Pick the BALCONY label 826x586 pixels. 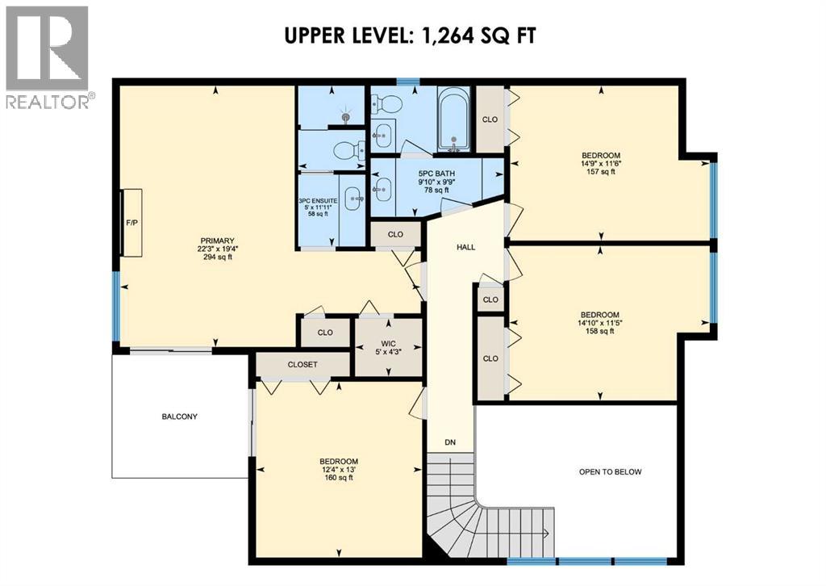tap(179, 416)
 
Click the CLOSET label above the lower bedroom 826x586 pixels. tap(302, 365)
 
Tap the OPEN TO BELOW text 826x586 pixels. tap(610, 472)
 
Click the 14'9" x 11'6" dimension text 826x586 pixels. tap(601, 163)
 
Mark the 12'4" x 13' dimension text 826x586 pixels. tap(338, 470)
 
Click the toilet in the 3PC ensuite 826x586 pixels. tap(348, 150)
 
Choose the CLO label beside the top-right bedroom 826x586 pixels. tap(490, 119)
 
